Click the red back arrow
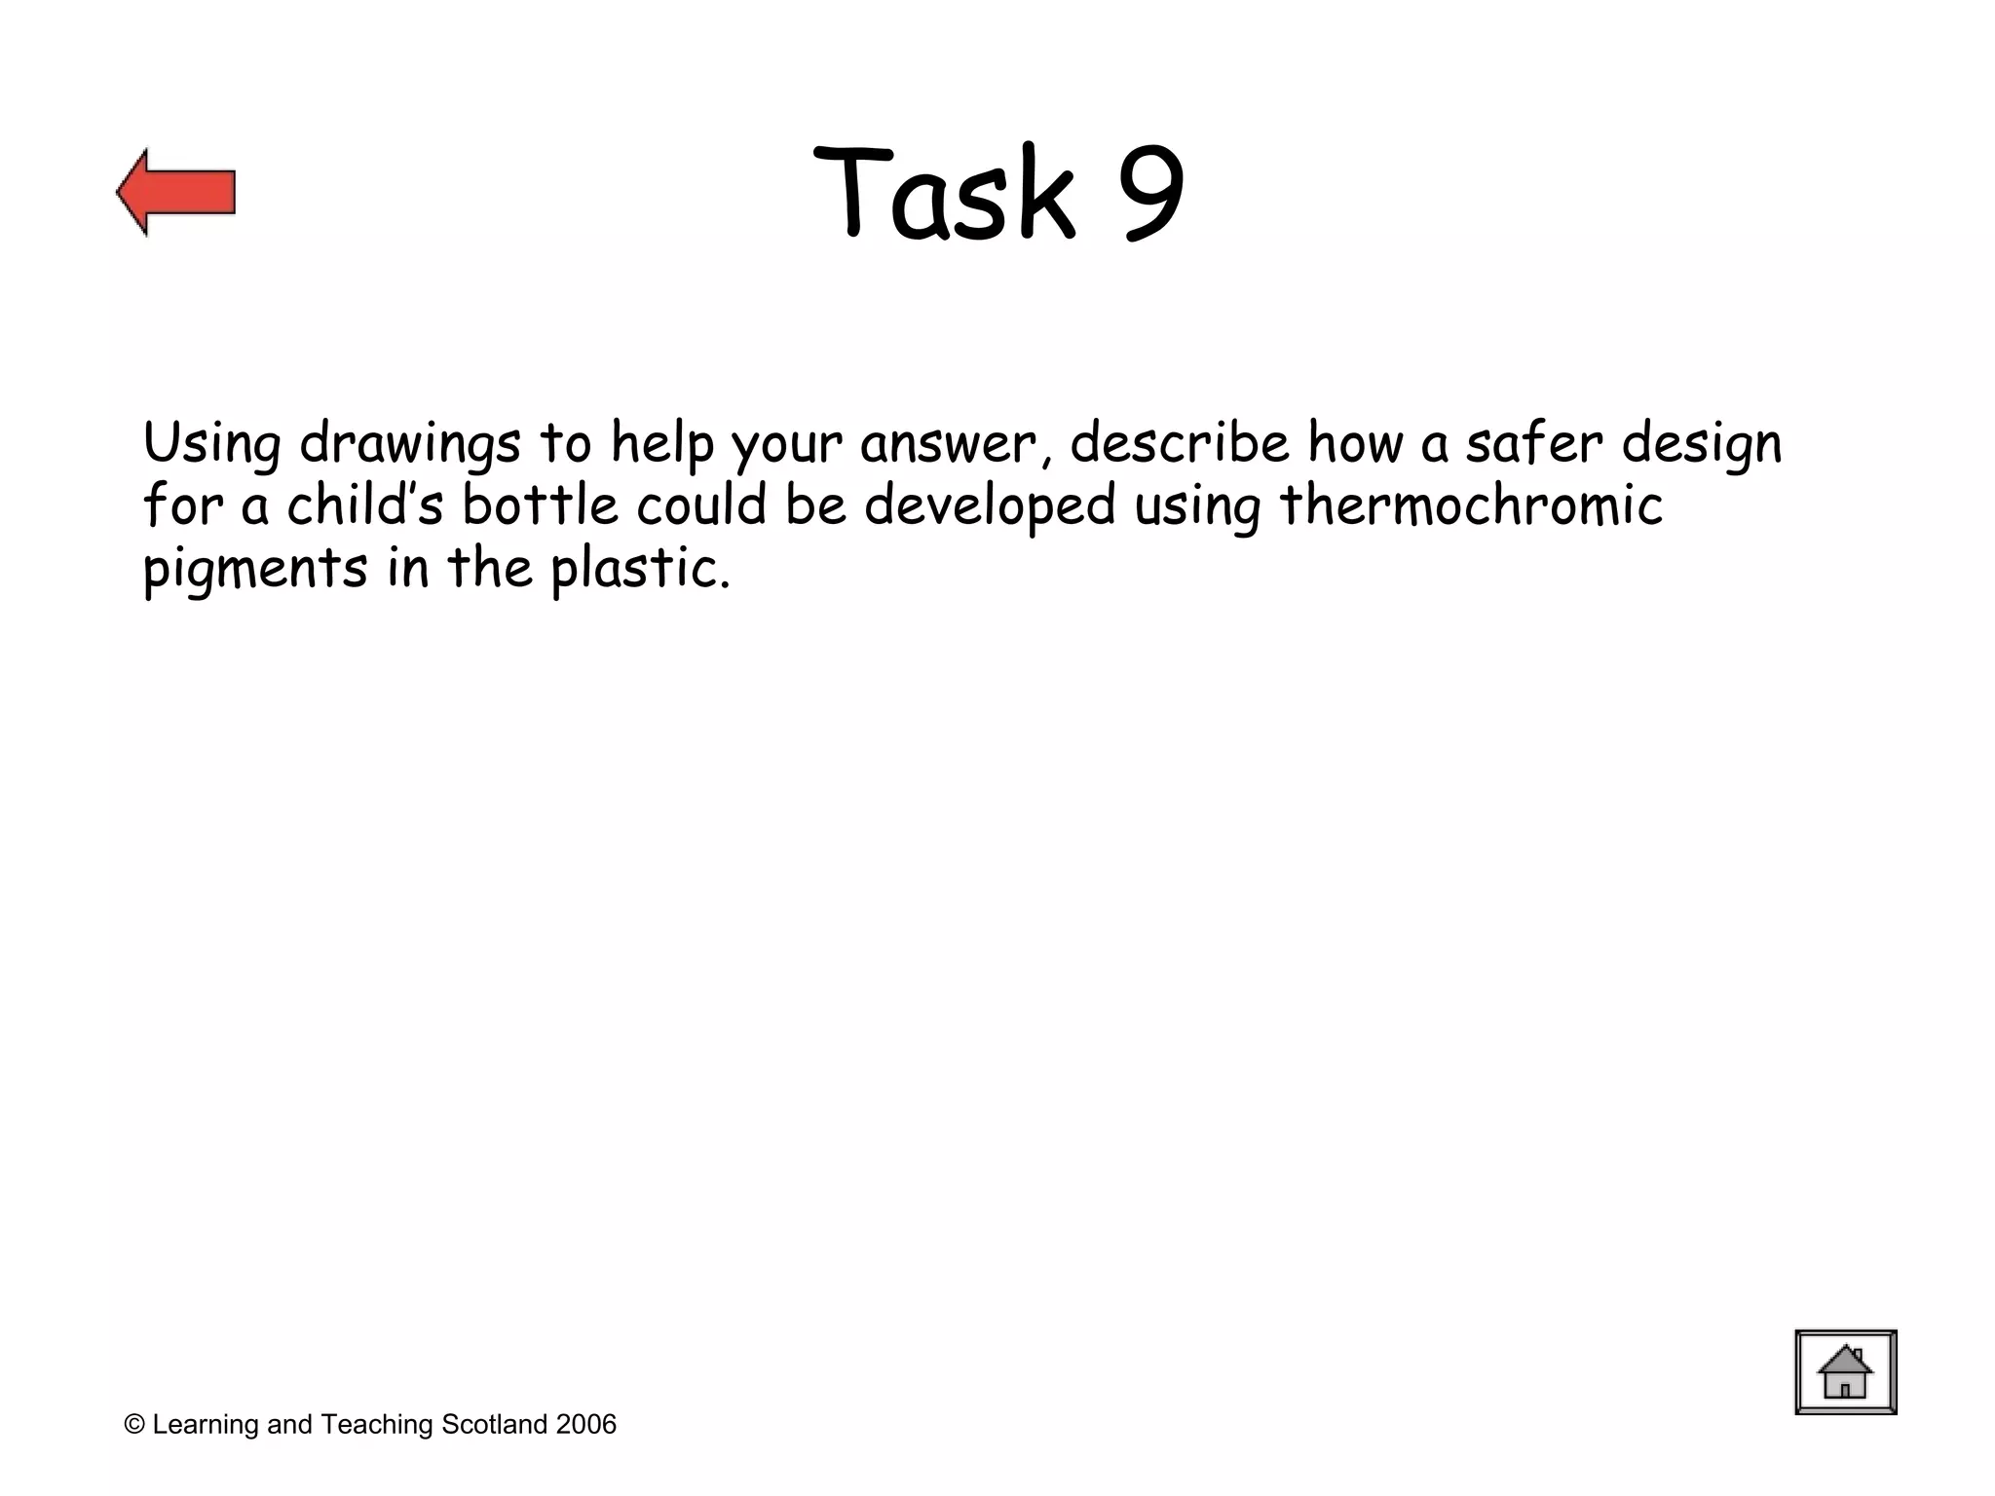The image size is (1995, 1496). tap(176, 192)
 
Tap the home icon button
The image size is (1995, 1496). tap(1845, 1371)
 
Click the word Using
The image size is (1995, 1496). tap(211, 444)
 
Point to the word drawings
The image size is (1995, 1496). tap(410, 444)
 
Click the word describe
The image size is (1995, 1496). tap(1179, 443)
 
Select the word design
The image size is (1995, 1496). tap(1702, 445)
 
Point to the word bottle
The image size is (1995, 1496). tap(540, 505)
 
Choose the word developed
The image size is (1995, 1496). tap(989, 507)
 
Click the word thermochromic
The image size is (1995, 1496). tap(1470, 505)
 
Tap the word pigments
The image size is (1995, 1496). tap(255, 570)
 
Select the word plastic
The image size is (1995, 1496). tap(639, 570)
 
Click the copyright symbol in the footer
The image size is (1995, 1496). tap(134, 1425)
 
